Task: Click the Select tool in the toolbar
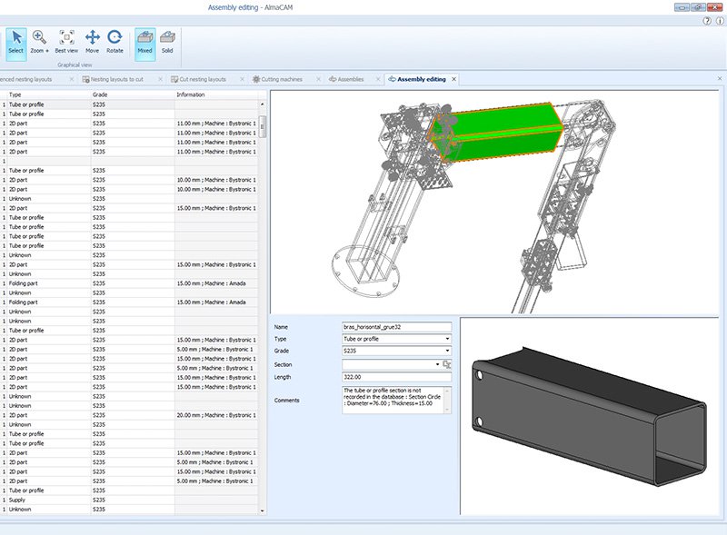coord(15,42)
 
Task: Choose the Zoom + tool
coord(40,42)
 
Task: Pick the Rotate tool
coord(115,42)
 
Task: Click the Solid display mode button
coord(167,42)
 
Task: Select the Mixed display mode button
coord(144,42)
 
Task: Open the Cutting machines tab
coord(282,79)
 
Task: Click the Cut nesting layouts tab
coord(203,79)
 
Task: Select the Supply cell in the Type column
coord(20,500)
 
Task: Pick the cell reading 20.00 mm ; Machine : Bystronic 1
coord(216,415)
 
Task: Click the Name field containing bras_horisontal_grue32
coord(396,326)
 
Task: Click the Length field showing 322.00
coord(396,377)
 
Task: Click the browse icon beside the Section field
coord(447,364)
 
